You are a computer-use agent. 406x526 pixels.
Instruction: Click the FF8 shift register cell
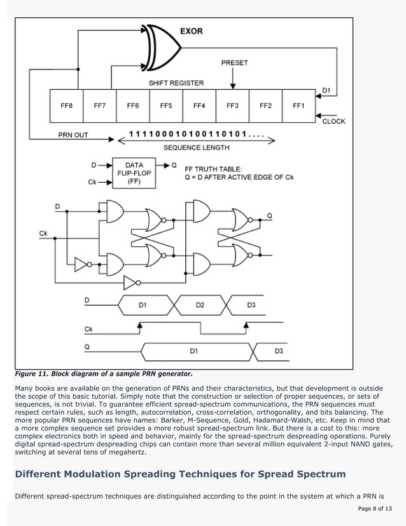[x=67, y=106]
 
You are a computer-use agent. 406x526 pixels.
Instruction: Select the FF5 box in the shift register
[x=166, y=106]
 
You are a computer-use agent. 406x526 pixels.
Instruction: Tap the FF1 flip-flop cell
[x=298, y=106]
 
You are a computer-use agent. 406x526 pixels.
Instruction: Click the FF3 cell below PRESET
[x=232, y=106]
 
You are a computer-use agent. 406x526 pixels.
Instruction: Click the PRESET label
[x=234, y=63]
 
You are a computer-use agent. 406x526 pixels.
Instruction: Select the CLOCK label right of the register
[x=334, y=121]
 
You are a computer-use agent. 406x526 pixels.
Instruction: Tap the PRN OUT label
[x=73, y=135]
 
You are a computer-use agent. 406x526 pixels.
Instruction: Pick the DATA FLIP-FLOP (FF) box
[x=134, y=173]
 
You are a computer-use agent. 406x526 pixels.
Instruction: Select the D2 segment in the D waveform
[x=200, y=305]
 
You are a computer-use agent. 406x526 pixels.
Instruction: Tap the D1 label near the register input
[x=326, y=90]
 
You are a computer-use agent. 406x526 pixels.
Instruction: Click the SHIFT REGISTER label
[x=176, y=83]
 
